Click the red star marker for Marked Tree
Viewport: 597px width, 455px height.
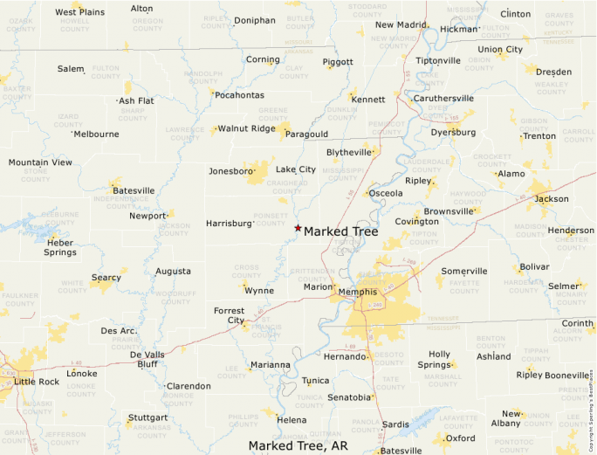[x=298, y=229]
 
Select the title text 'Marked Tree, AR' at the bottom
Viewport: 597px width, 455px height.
[x=298, y=445]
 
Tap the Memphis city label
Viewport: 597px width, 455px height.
[x=358, y=292]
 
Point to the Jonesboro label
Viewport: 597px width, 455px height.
[x=230, y=171]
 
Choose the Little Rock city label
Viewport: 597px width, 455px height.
[x=38, y=382]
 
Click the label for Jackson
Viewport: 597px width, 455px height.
[x=552, y=199]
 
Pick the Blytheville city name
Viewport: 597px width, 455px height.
[x=349, y=152]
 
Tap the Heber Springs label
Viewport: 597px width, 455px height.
[x=60, y=247]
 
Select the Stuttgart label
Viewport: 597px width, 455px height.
[x=147, y=417]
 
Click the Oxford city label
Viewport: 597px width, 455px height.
[x=461, y=438]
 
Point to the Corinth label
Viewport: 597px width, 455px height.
[x=577, y=324]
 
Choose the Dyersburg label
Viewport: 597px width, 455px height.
[x=454, y=133]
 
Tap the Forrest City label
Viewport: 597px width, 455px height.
[x=230, y=314]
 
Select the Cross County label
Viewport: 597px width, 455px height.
[x=246, y=271]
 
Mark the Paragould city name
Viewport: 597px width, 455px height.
[x=306, y=134]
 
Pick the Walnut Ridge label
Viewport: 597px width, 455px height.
[x=246, y=128]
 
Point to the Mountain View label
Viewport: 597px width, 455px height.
[x=40, y=162]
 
